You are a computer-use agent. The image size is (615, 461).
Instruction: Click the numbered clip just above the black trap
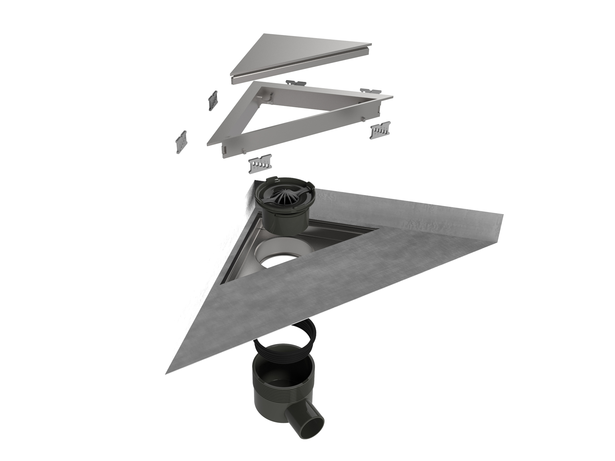pyautogui.click(x=260, y=165)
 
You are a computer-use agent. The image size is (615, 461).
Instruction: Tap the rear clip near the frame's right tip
pyautogui.click(x=370, y=91)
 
